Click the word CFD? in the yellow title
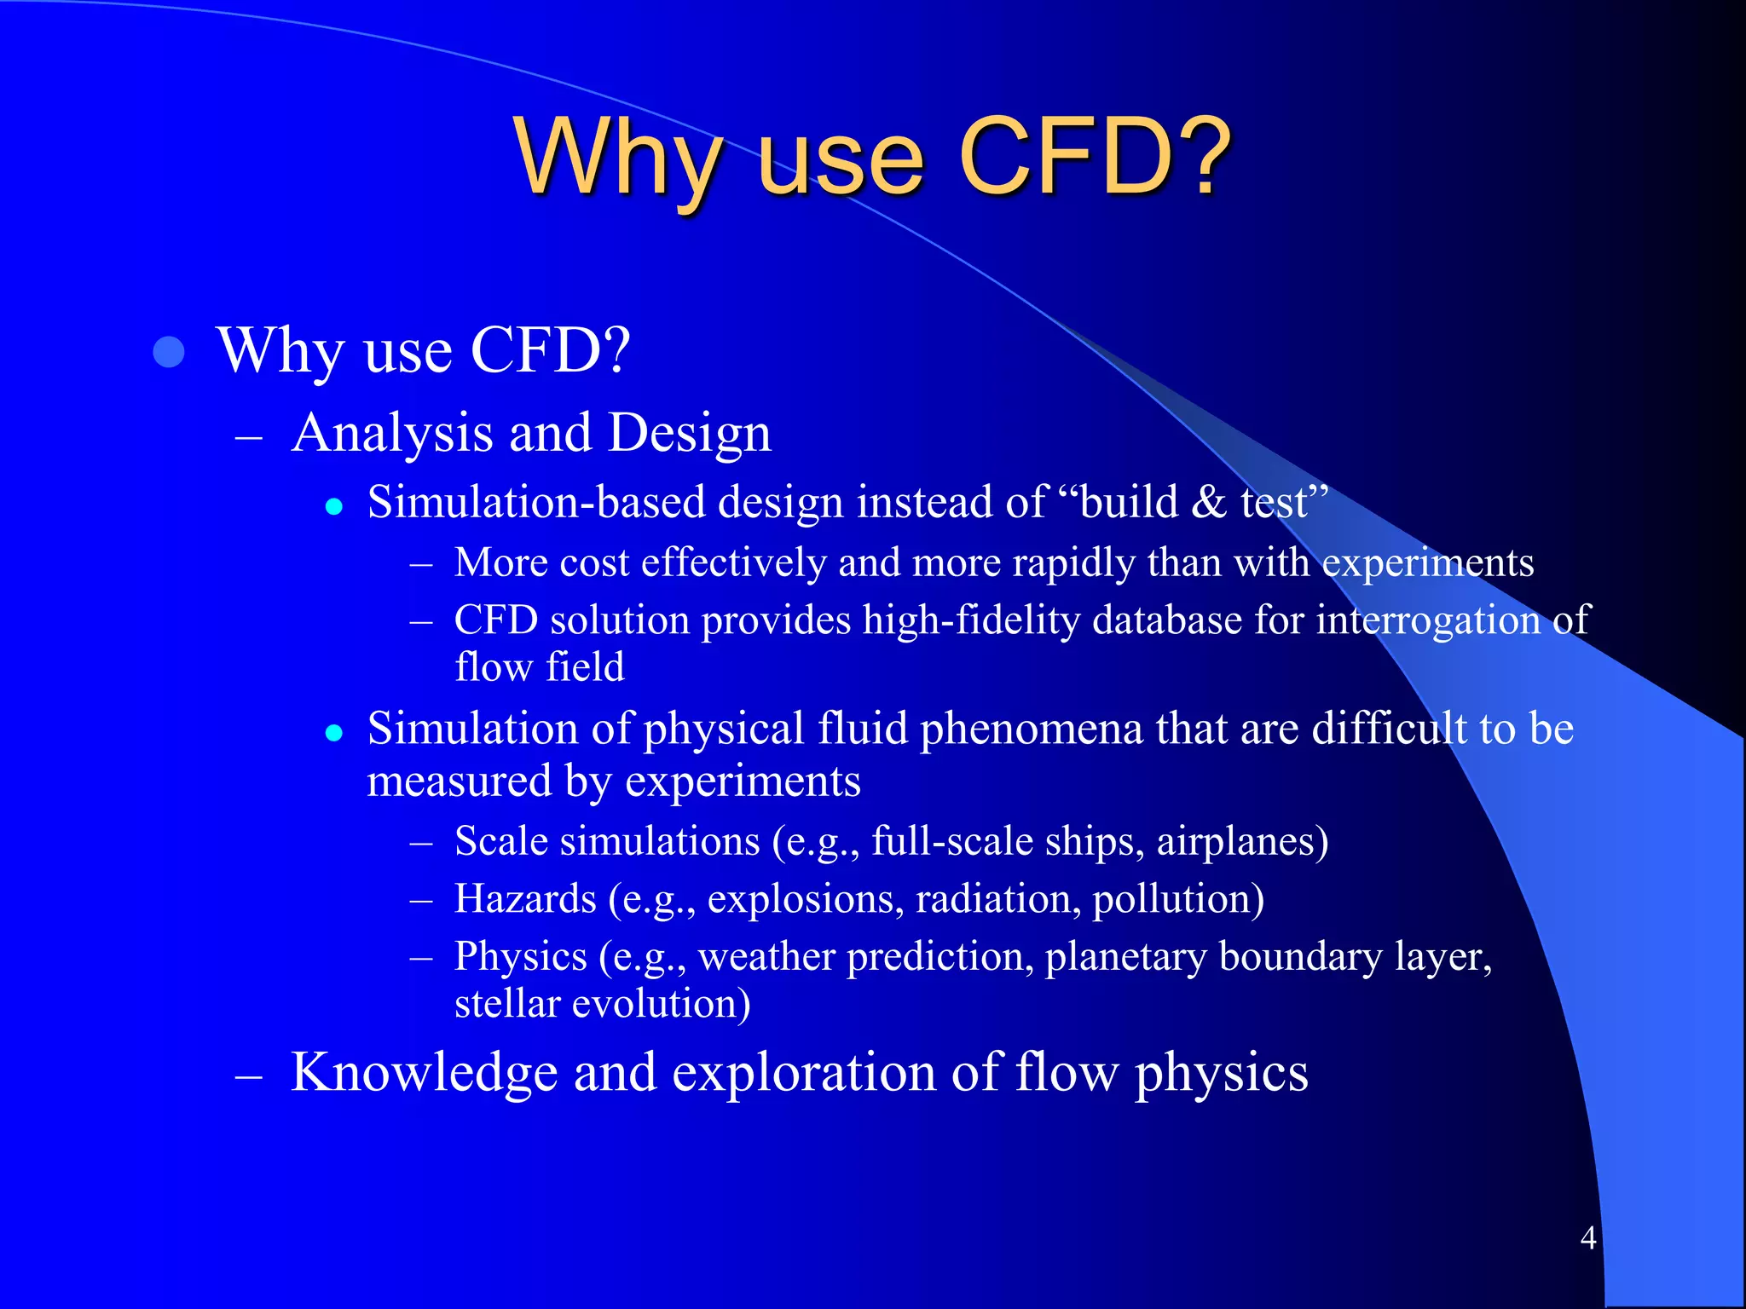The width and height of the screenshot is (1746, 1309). (1095, 158)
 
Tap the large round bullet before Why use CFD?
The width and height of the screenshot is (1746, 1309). (169, 352)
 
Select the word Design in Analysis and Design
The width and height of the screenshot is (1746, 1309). (689, 433)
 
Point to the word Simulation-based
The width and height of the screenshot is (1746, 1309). (536, 502)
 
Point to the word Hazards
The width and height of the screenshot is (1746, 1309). (525, 899)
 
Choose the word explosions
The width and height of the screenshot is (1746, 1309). (805, 900)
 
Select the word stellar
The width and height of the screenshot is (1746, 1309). (507, 1004)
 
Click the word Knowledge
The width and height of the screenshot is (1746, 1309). (424, 1072)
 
